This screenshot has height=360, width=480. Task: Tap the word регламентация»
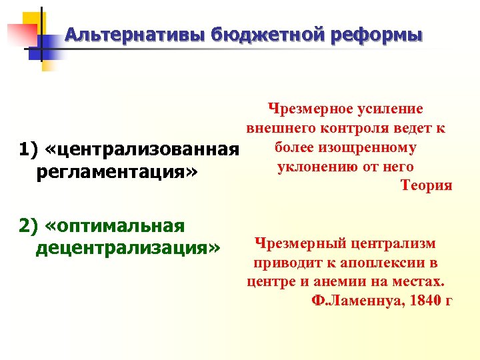[115, 173]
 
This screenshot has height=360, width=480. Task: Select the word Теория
[427, 185]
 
